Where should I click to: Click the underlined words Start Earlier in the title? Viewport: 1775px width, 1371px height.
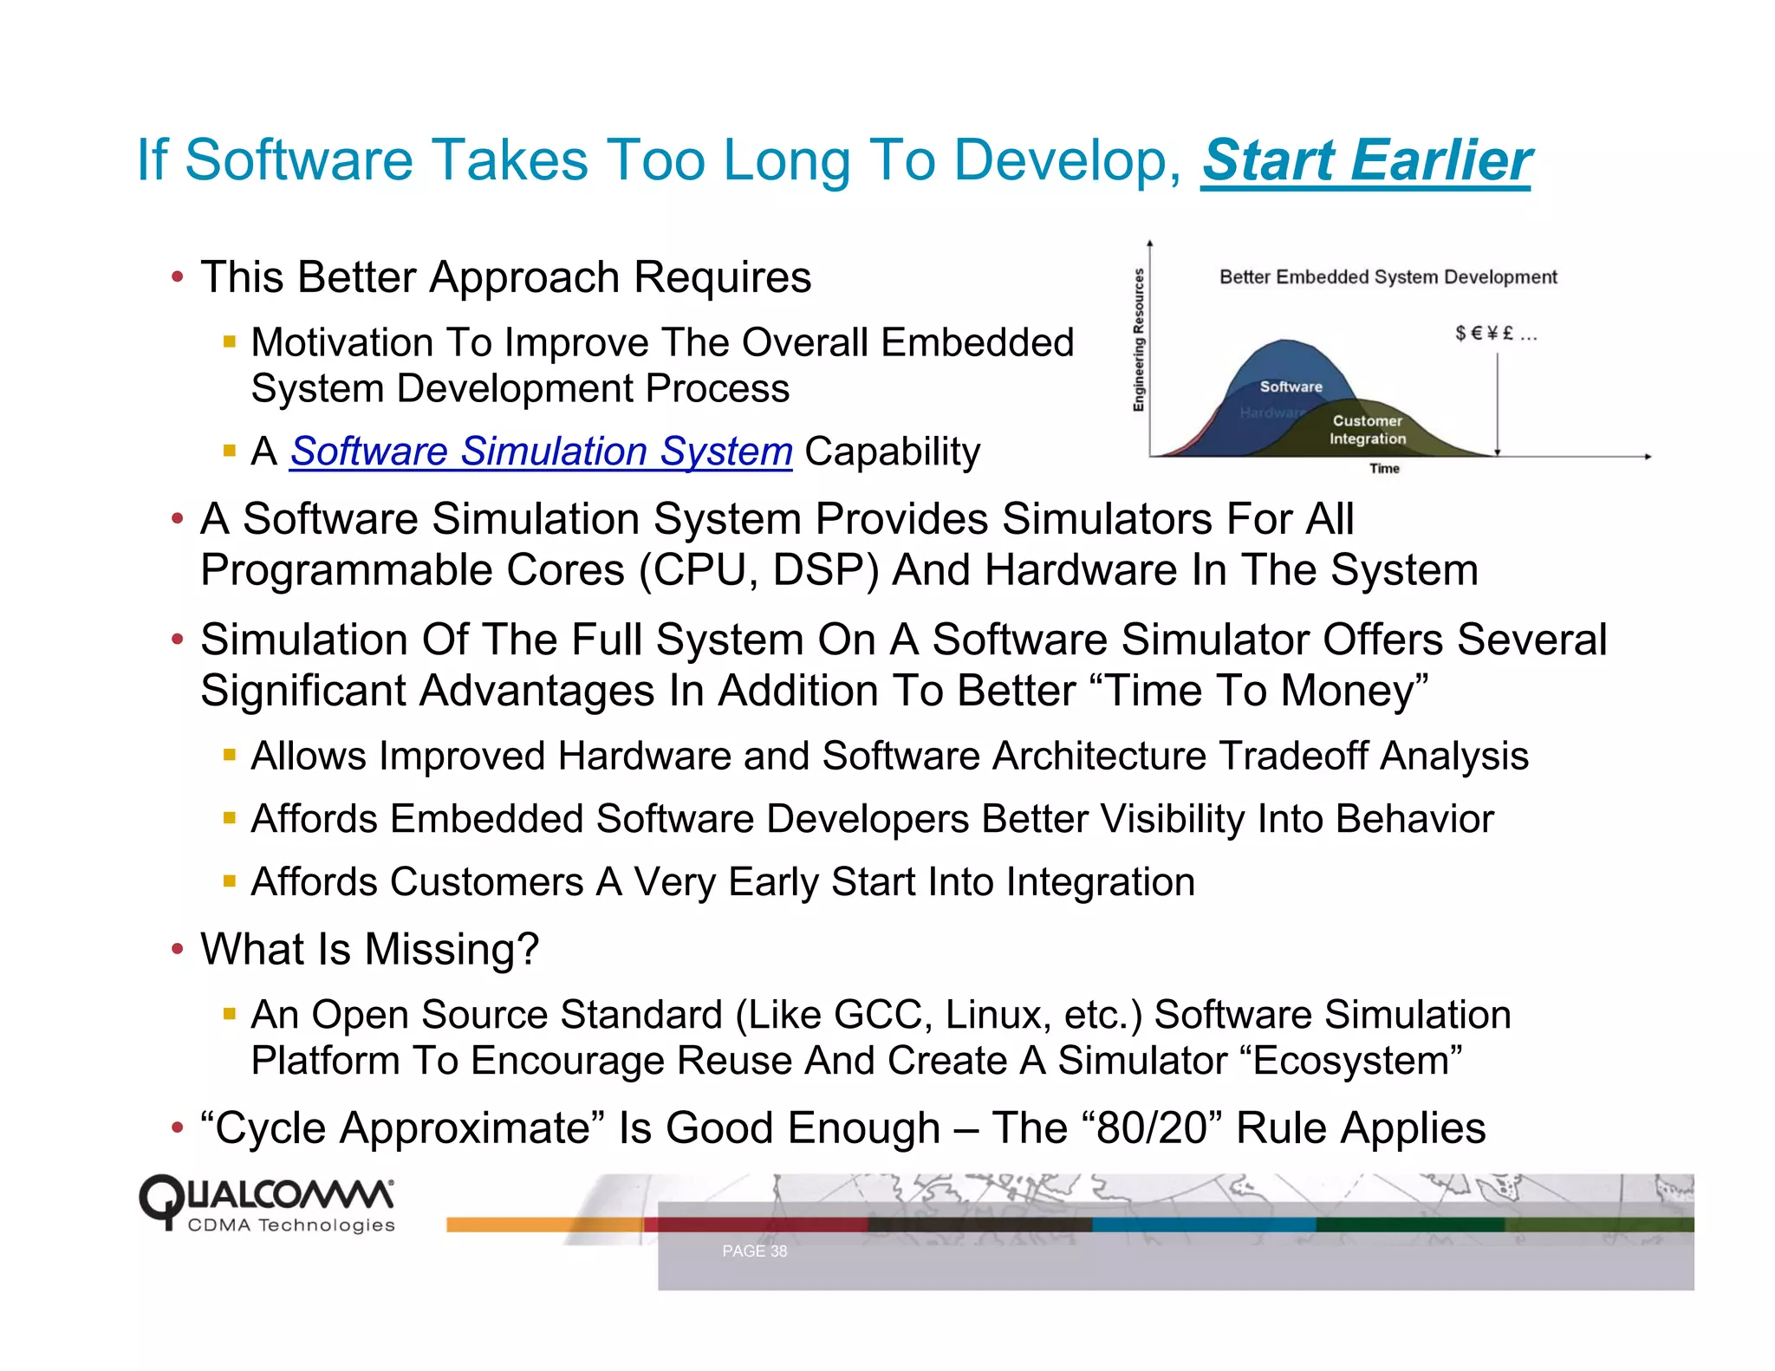coord(1366,161)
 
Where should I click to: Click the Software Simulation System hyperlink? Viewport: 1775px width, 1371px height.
coord(541,452)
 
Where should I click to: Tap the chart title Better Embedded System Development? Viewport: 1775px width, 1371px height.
coord(1388,277)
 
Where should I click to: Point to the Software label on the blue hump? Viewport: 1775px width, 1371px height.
coord(1291,387)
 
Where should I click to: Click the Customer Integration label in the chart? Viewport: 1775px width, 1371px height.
coord(1367,430)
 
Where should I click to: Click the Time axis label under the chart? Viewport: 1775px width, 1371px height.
coord(1384,469)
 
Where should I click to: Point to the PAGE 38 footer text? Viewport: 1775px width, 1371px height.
coord(754,1251)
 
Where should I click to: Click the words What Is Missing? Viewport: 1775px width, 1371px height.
coord(370,949)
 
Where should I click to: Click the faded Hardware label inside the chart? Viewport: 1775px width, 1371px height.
coord(1269,413)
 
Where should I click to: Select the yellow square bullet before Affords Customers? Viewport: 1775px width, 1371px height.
coord(230,882)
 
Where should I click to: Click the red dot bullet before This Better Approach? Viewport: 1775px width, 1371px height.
coord(178,278)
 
